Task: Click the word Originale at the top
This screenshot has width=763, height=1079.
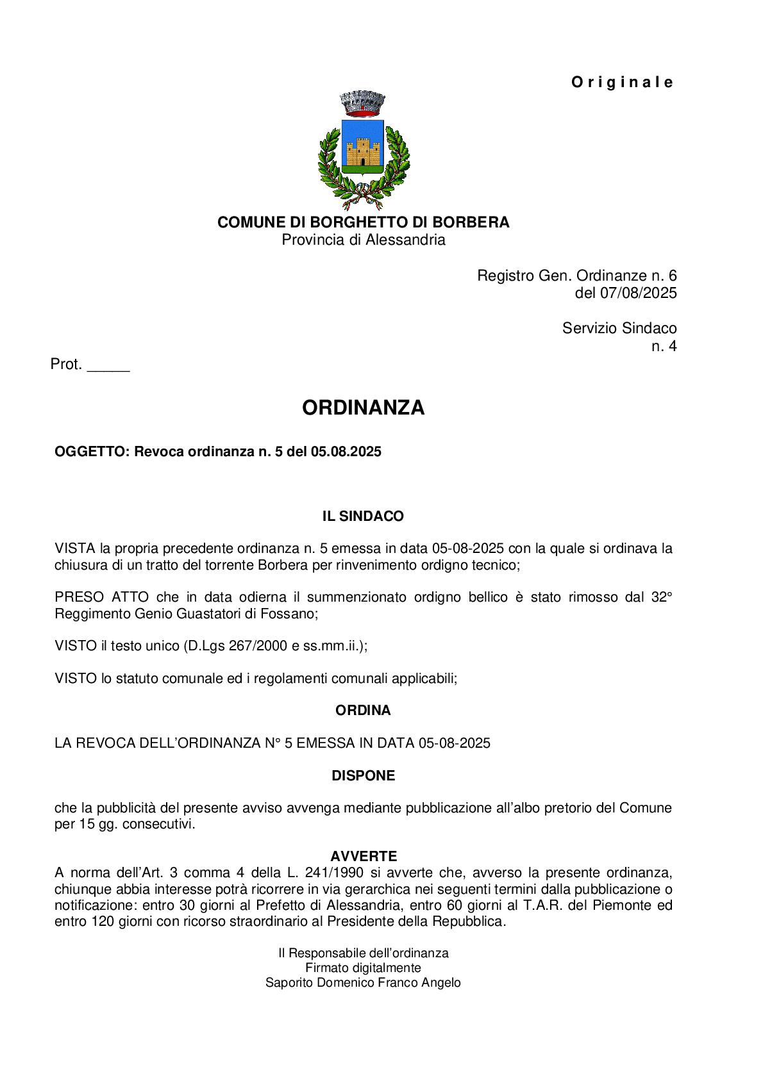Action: point(622,83)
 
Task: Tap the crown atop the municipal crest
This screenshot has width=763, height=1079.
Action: point(363,103)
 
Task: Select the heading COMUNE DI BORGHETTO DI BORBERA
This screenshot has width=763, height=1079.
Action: point(363,222)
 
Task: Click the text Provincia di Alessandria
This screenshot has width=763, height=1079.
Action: point(363,240)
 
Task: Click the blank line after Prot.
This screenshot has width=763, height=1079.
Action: point(108,366)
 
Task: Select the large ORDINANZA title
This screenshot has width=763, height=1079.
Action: point(363,408)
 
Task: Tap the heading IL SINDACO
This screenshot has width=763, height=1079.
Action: point(363,516)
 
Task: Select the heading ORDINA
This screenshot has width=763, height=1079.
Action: point(363,711)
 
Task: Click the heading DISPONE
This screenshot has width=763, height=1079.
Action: point(363,776)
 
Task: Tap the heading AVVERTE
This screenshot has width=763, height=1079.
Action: point(364,856)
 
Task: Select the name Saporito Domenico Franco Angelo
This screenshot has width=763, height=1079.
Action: point(363,983)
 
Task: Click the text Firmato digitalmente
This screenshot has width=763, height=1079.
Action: point(363,968)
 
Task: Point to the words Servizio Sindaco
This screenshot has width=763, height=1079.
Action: point(619,328)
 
